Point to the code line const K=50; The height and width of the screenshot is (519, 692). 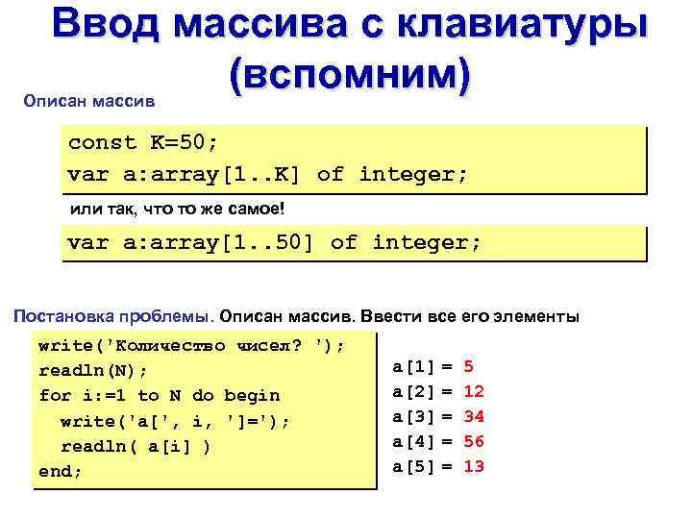pyautogui.click(x=143, y=143)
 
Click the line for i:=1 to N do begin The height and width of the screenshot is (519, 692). pyautogui.click(x=159, y=395)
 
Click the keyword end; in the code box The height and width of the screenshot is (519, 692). pyautogui.click(x=60, y=471)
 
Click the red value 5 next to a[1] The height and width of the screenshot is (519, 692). pyautogui.click(x=468, y=366)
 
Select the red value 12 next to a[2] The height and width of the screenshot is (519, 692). pyautogui.click(x=473, y=391)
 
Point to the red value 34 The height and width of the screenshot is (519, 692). pyautogui.click(x=473, y=416)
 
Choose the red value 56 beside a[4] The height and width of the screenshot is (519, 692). pyautogui.click(x=473, y=441)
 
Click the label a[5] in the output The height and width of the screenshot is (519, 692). pyautogui.click(x=415, y=466)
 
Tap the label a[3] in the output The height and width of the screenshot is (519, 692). pyautogui.click(x=415, y=416)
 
